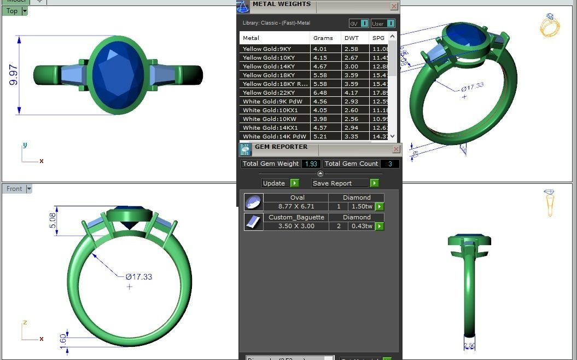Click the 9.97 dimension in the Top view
[x=14, y=75]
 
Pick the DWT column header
[x=351, y=38]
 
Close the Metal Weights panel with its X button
[x=394, y=7]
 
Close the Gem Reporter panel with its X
[x=396, y=149]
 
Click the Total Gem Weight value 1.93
[x=311, y=164]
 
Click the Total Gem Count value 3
[x=390, y=164]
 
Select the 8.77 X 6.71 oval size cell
[x=296, y=207]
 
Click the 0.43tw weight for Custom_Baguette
[x=362, y=226]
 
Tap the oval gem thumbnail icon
[x=253, y=202]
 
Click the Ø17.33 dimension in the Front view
[x=139, y=277]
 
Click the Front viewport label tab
[x=14, y=189]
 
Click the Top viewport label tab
[x=11, y=11]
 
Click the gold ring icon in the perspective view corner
[x=550, y=26]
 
